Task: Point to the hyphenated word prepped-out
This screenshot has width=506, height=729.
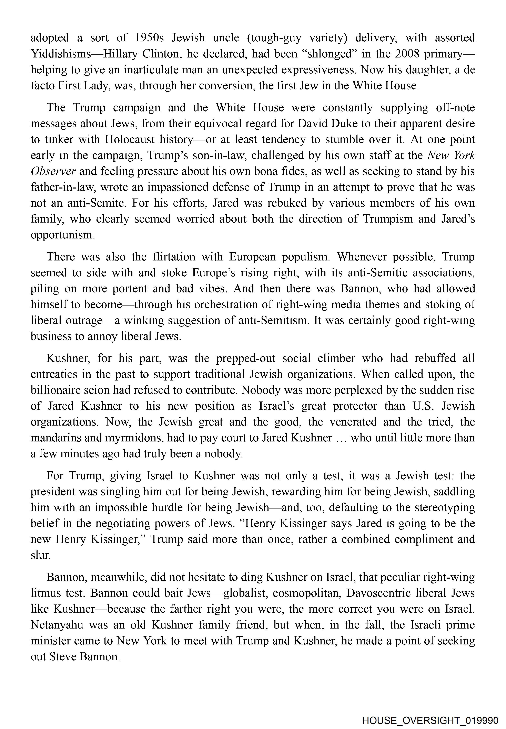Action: [246, 358]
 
